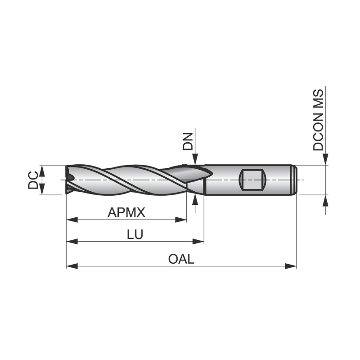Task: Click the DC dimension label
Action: tap(33, 180)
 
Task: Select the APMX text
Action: tap(126, 212)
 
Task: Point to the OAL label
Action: tap(181, 260)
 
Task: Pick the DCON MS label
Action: tap(319, 120)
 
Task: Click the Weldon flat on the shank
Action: tap(252, 180)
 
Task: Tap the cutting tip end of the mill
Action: tap(68, 180)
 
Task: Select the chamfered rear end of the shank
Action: tap(295, 180)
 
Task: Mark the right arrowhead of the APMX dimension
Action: tap(183, 220)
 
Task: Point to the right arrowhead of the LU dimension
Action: tap(200, 242)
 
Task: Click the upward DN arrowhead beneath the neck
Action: tap(195, 199)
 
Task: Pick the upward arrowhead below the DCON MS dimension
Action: tap(325, 199)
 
